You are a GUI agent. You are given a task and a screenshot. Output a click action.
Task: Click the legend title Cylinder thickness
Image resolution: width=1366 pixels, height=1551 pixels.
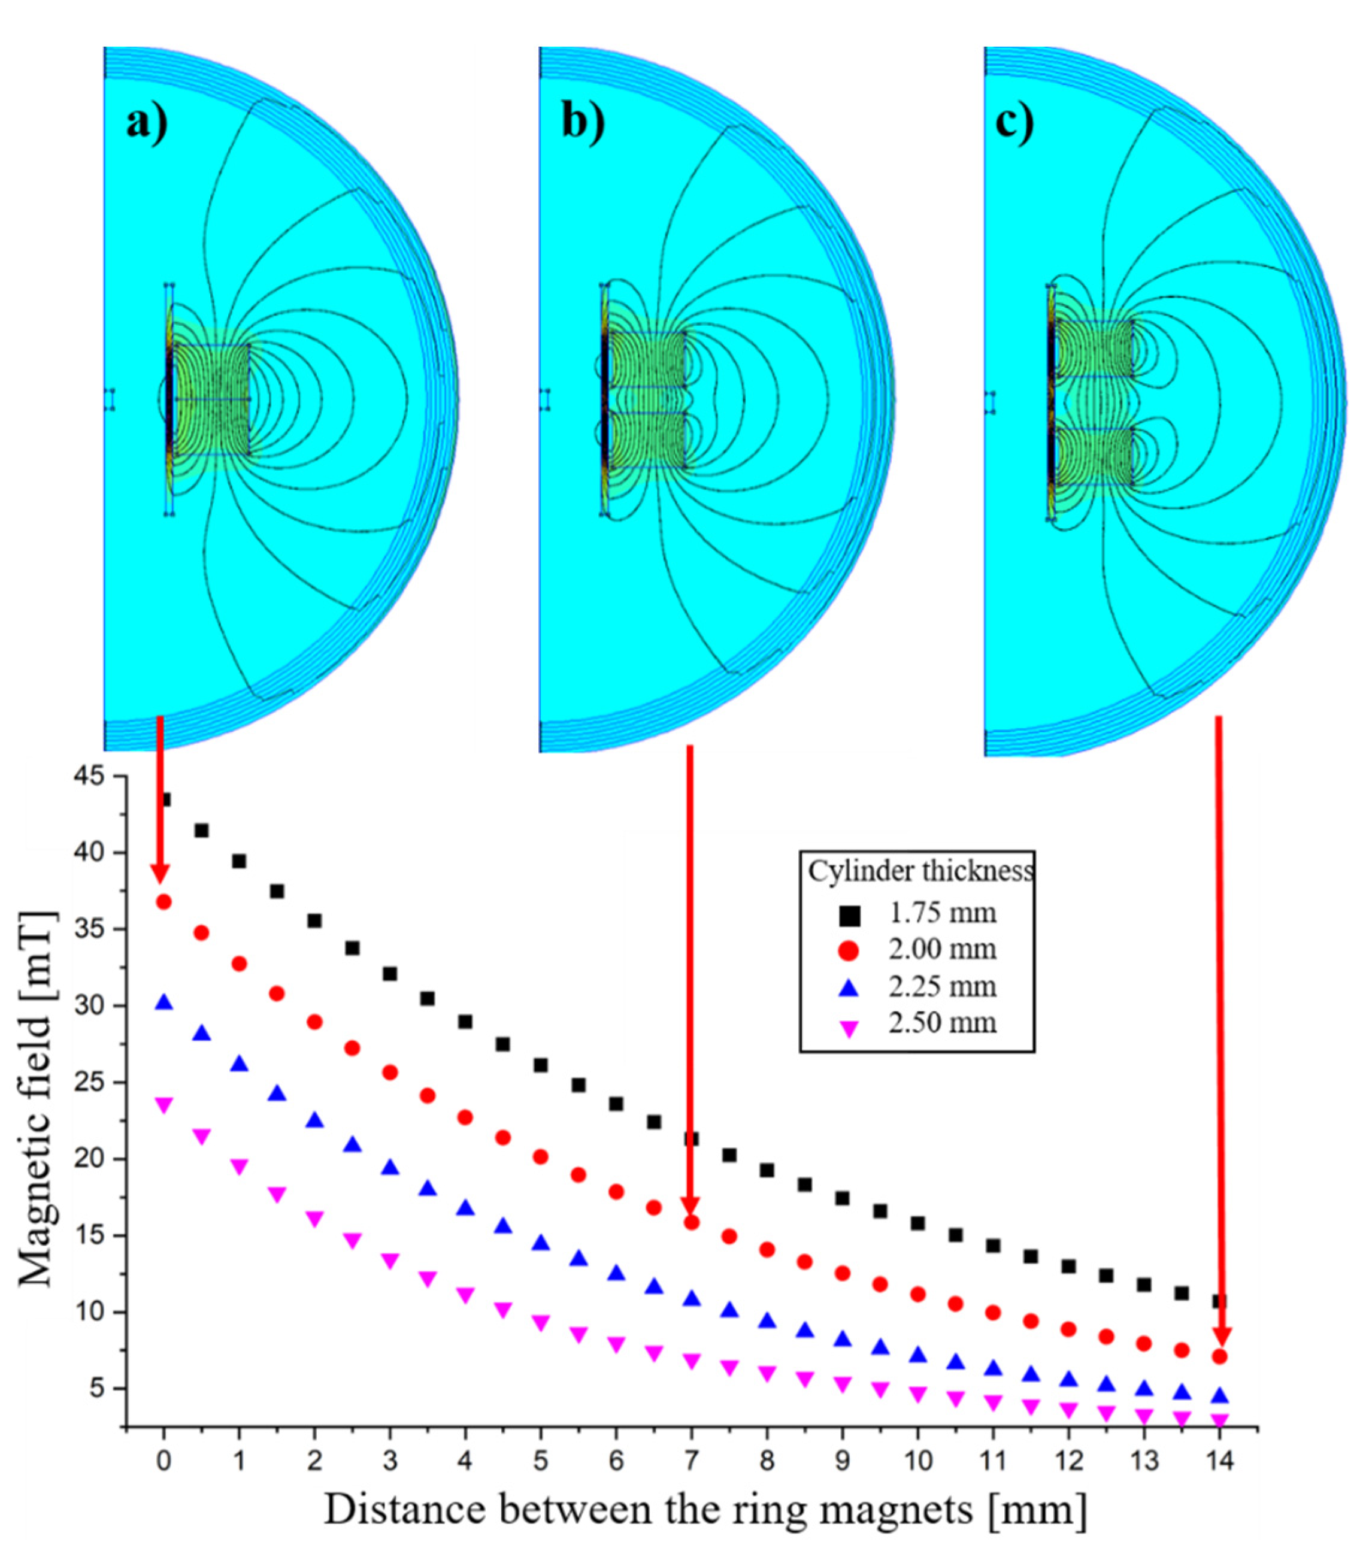tap(920, 871)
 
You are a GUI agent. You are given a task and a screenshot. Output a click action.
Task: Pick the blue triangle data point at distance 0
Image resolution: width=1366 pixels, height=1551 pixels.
tap(163, 1003)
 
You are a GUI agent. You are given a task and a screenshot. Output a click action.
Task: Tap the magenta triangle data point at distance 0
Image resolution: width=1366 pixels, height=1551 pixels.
tap(163, 1105)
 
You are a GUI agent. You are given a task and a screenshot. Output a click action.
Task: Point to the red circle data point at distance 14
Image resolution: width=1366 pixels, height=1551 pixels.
tap(1219, 1356)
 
